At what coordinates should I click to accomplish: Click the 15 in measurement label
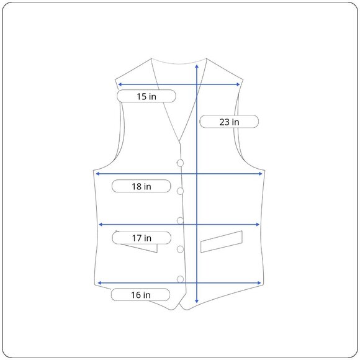pos(146,96)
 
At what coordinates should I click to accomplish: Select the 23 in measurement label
pos(229,122)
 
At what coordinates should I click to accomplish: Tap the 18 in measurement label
pos(141,186)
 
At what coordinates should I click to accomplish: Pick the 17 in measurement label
pos(142,238)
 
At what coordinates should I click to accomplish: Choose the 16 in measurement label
pos(140,295)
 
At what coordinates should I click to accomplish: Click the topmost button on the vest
pos(180,163)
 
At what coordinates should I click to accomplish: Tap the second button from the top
pos(180,191)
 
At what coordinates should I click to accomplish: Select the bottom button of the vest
pos(180,279)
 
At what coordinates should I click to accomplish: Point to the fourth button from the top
pos(180,249)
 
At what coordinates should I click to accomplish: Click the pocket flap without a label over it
pos(222,241)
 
